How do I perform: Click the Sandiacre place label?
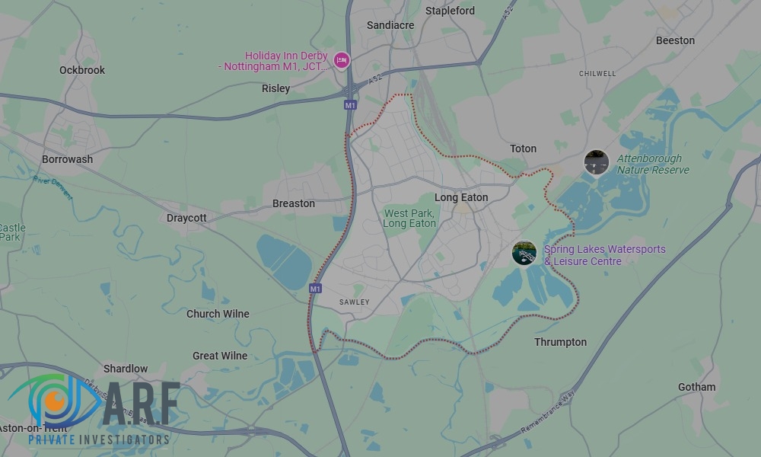(x=390, y=25)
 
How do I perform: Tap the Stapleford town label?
(x=450, y=11)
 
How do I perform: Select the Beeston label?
(x=675, y=40)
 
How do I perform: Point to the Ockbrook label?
(x=82, y=70)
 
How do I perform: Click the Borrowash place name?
(x=67, y=159)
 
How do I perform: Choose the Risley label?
(x=275, y=88)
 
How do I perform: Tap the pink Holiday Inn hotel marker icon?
(x=342, y=59)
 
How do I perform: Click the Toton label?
(x=523, y=149)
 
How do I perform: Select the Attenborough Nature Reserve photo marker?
(x=596, y=162)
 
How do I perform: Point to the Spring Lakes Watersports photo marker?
(x=524, y=253)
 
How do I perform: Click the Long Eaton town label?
(x=461, y=197)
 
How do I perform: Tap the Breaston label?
(x=294, y=203)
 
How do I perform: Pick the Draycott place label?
(x=186, y=218)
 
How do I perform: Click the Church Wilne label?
(x=218, y=314)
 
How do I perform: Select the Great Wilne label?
(x=220, y=356)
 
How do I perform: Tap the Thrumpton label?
(x=560, y=342)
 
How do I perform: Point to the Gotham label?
(x=696, y=387)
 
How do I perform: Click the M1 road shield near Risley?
(x=350, y=105)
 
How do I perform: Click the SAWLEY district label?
(x=354, y=302)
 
